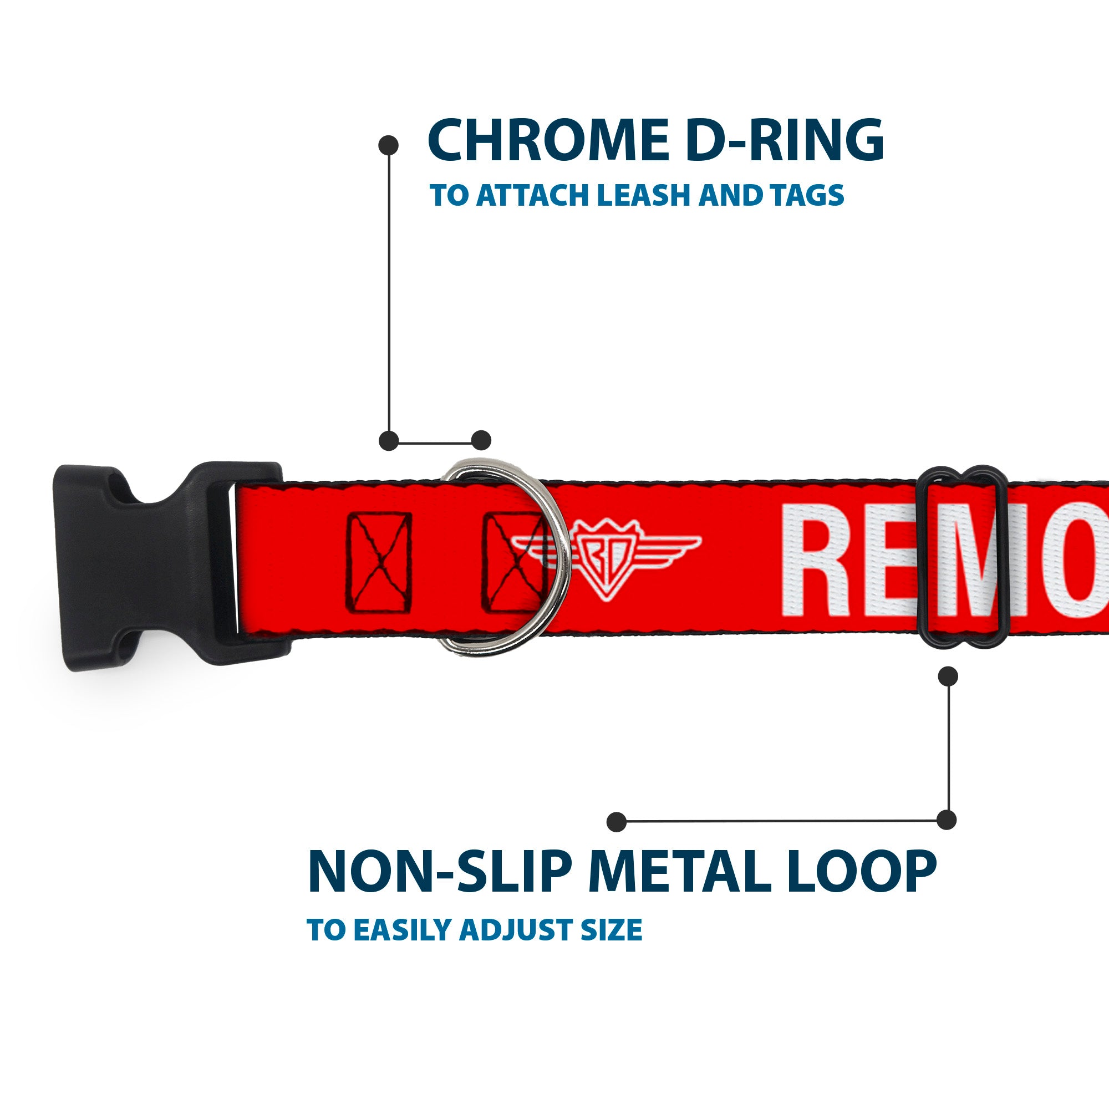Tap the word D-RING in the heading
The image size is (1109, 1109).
click(785, 141)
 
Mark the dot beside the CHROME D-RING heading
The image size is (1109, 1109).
click(389, 145)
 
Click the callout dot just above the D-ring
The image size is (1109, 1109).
click(481, 441)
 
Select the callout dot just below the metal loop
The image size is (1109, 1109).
click(948, 676)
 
